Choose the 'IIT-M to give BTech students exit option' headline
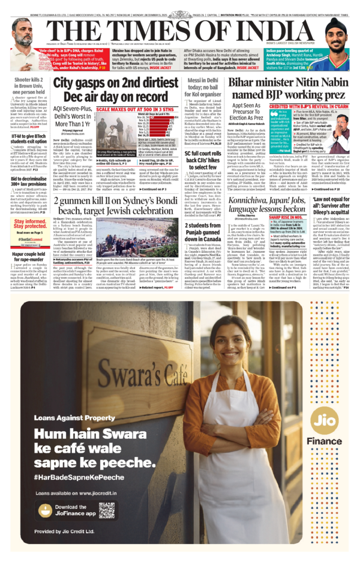coord(26,139)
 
